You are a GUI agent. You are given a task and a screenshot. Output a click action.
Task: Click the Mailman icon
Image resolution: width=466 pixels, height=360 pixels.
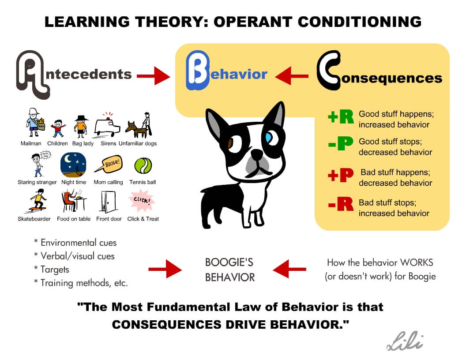tap(33, 123)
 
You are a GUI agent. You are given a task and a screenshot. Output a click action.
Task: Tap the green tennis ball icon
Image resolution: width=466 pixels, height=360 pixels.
tap(143, 166)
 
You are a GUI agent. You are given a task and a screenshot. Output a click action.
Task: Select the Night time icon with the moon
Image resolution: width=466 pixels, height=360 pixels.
tap(73, 165)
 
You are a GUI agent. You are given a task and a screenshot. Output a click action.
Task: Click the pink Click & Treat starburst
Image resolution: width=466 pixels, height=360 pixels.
tap(142, 201)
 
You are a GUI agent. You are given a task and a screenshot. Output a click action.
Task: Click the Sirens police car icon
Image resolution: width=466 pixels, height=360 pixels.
tap(107, 125)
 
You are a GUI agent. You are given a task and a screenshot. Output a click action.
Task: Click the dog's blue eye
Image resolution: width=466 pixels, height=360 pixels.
tap(269, 137)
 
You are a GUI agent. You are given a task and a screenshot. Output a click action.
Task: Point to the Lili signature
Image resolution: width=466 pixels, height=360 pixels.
tap(404, 341)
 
